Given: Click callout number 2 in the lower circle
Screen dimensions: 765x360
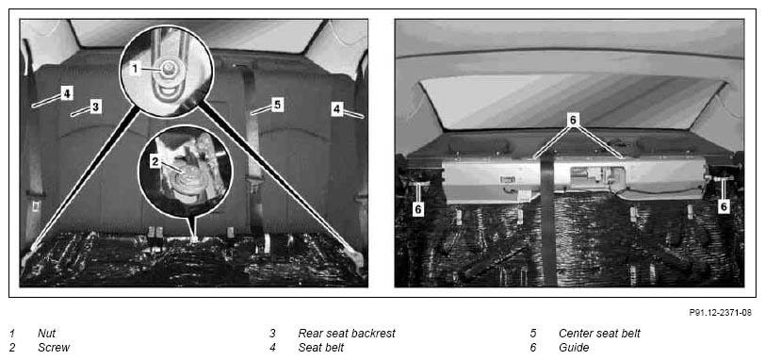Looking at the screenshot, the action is tap(155, 162).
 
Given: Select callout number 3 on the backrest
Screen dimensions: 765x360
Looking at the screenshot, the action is tap(96, 106).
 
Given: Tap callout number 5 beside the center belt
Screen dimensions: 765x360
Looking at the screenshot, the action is tap(278, 105).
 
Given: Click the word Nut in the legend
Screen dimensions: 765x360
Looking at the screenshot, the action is tap(46, 334).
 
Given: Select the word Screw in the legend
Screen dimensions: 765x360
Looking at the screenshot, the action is tap(54, 348).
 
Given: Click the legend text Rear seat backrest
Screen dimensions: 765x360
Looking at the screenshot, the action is tap(347, 334).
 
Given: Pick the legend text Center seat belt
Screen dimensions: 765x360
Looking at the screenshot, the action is tap(599, 334).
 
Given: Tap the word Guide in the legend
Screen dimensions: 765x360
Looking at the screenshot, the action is tap(574, 348).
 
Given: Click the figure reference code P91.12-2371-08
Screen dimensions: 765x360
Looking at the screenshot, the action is tap(721, 313).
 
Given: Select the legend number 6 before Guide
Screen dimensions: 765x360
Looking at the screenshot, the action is tap(533, 348).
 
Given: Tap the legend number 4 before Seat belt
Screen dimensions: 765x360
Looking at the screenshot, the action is tap(272, 348).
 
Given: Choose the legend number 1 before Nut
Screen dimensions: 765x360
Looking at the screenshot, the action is tap(12, 334).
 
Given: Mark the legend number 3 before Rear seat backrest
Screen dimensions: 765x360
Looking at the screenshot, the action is tap(272, 334).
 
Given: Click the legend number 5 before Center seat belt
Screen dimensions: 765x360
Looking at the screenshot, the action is tap(533, 334).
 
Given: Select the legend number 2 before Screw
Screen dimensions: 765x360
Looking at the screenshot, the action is tap(12, 348).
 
